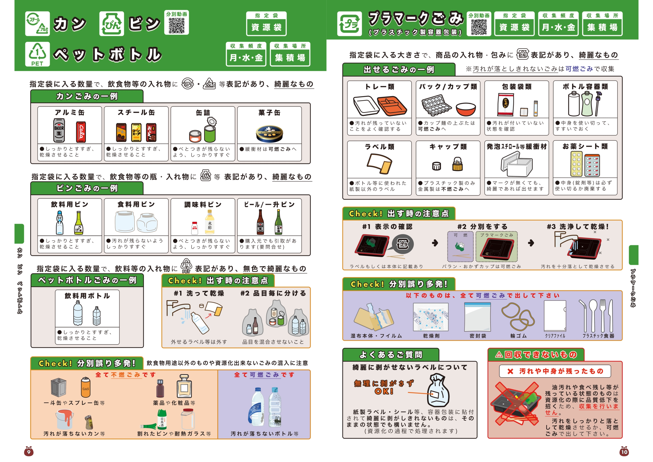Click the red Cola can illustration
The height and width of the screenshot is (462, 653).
tap(81, 132)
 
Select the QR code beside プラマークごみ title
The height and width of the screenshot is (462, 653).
tap(479, 27)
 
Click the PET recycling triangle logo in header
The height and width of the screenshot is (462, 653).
tap(37, 54)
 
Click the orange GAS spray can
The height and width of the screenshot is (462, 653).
tap(85, 387)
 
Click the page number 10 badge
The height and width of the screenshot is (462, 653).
tap(624, 452)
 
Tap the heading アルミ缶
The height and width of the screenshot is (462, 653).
tap(70, 113)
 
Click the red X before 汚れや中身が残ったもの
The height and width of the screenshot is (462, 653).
tap(510, 371)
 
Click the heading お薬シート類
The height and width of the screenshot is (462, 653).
tap(585, 146)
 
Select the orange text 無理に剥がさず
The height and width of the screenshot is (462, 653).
tap(384, 383)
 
